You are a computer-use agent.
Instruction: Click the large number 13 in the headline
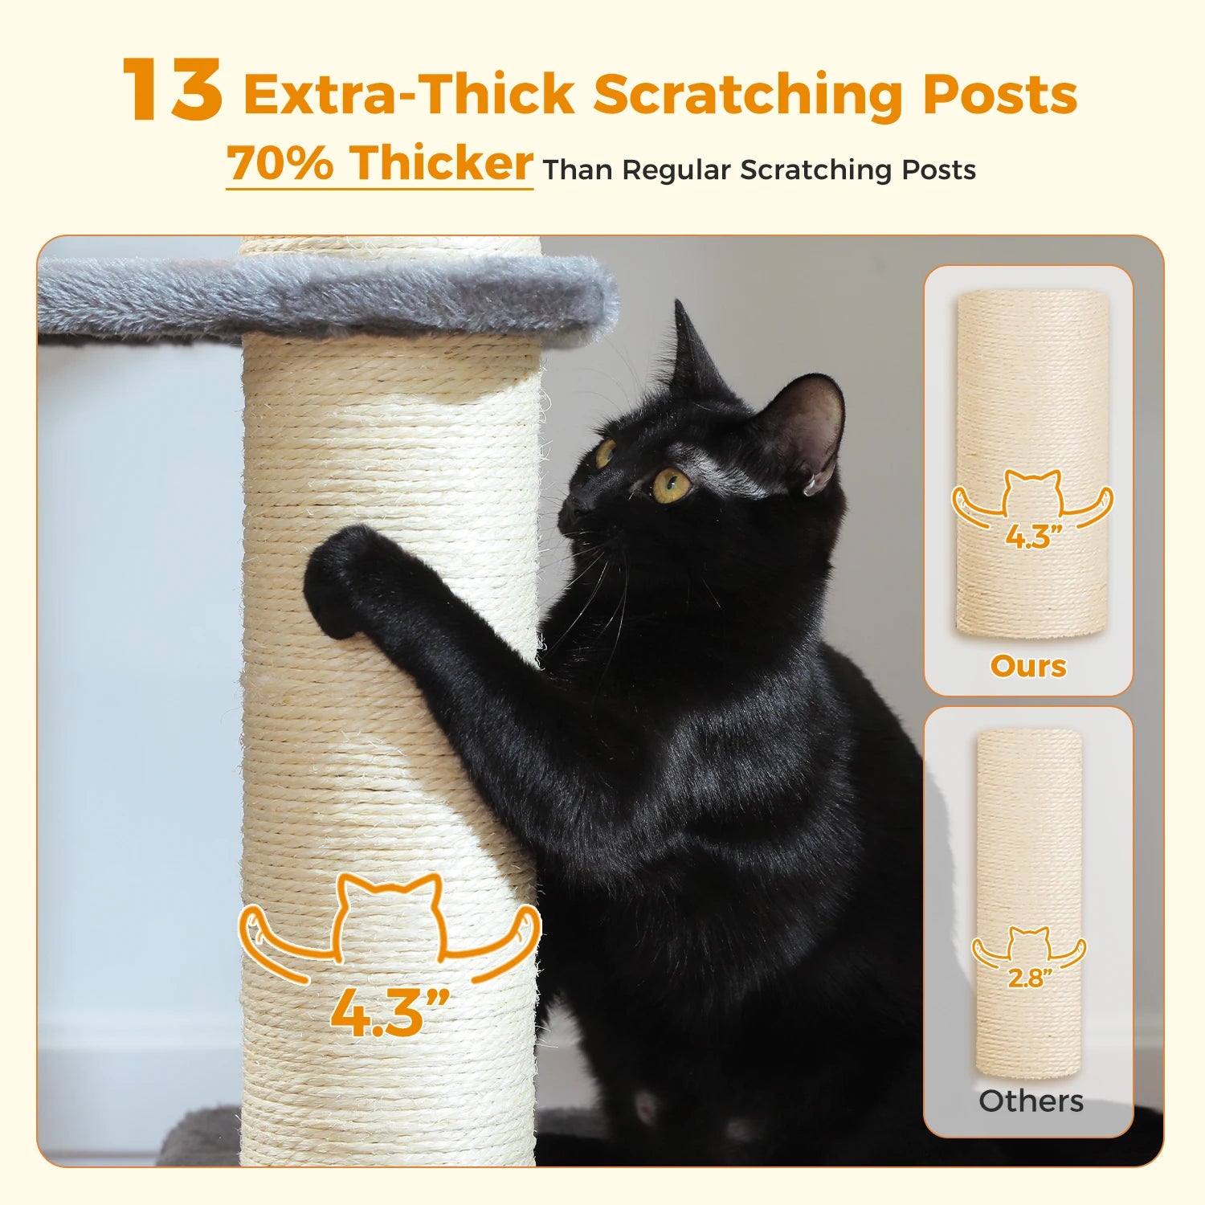(x=172, y=90)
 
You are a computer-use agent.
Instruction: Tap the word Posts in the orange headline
(x=999, y=95)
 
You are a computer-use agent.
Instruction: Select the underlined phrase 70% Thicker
(x=379, y=163)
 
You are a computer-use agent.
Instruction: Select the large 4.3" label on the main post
(x=389, y=1013)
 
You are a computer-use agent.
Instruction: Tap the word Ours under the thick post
(x=1028, y=666)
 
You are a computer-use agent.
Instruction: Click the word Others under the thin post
(x=1031, y=1101)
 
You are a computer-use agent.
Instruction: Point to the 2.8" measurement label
(x=1030, y=978)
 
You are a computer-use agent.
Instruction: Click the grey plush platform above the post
(x=321, y=293)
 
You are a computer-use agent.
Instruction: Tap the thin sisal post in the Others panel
(x=1029, y=843)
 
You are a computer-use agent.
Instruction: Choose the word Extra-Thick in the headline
(x=410, y=95)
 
